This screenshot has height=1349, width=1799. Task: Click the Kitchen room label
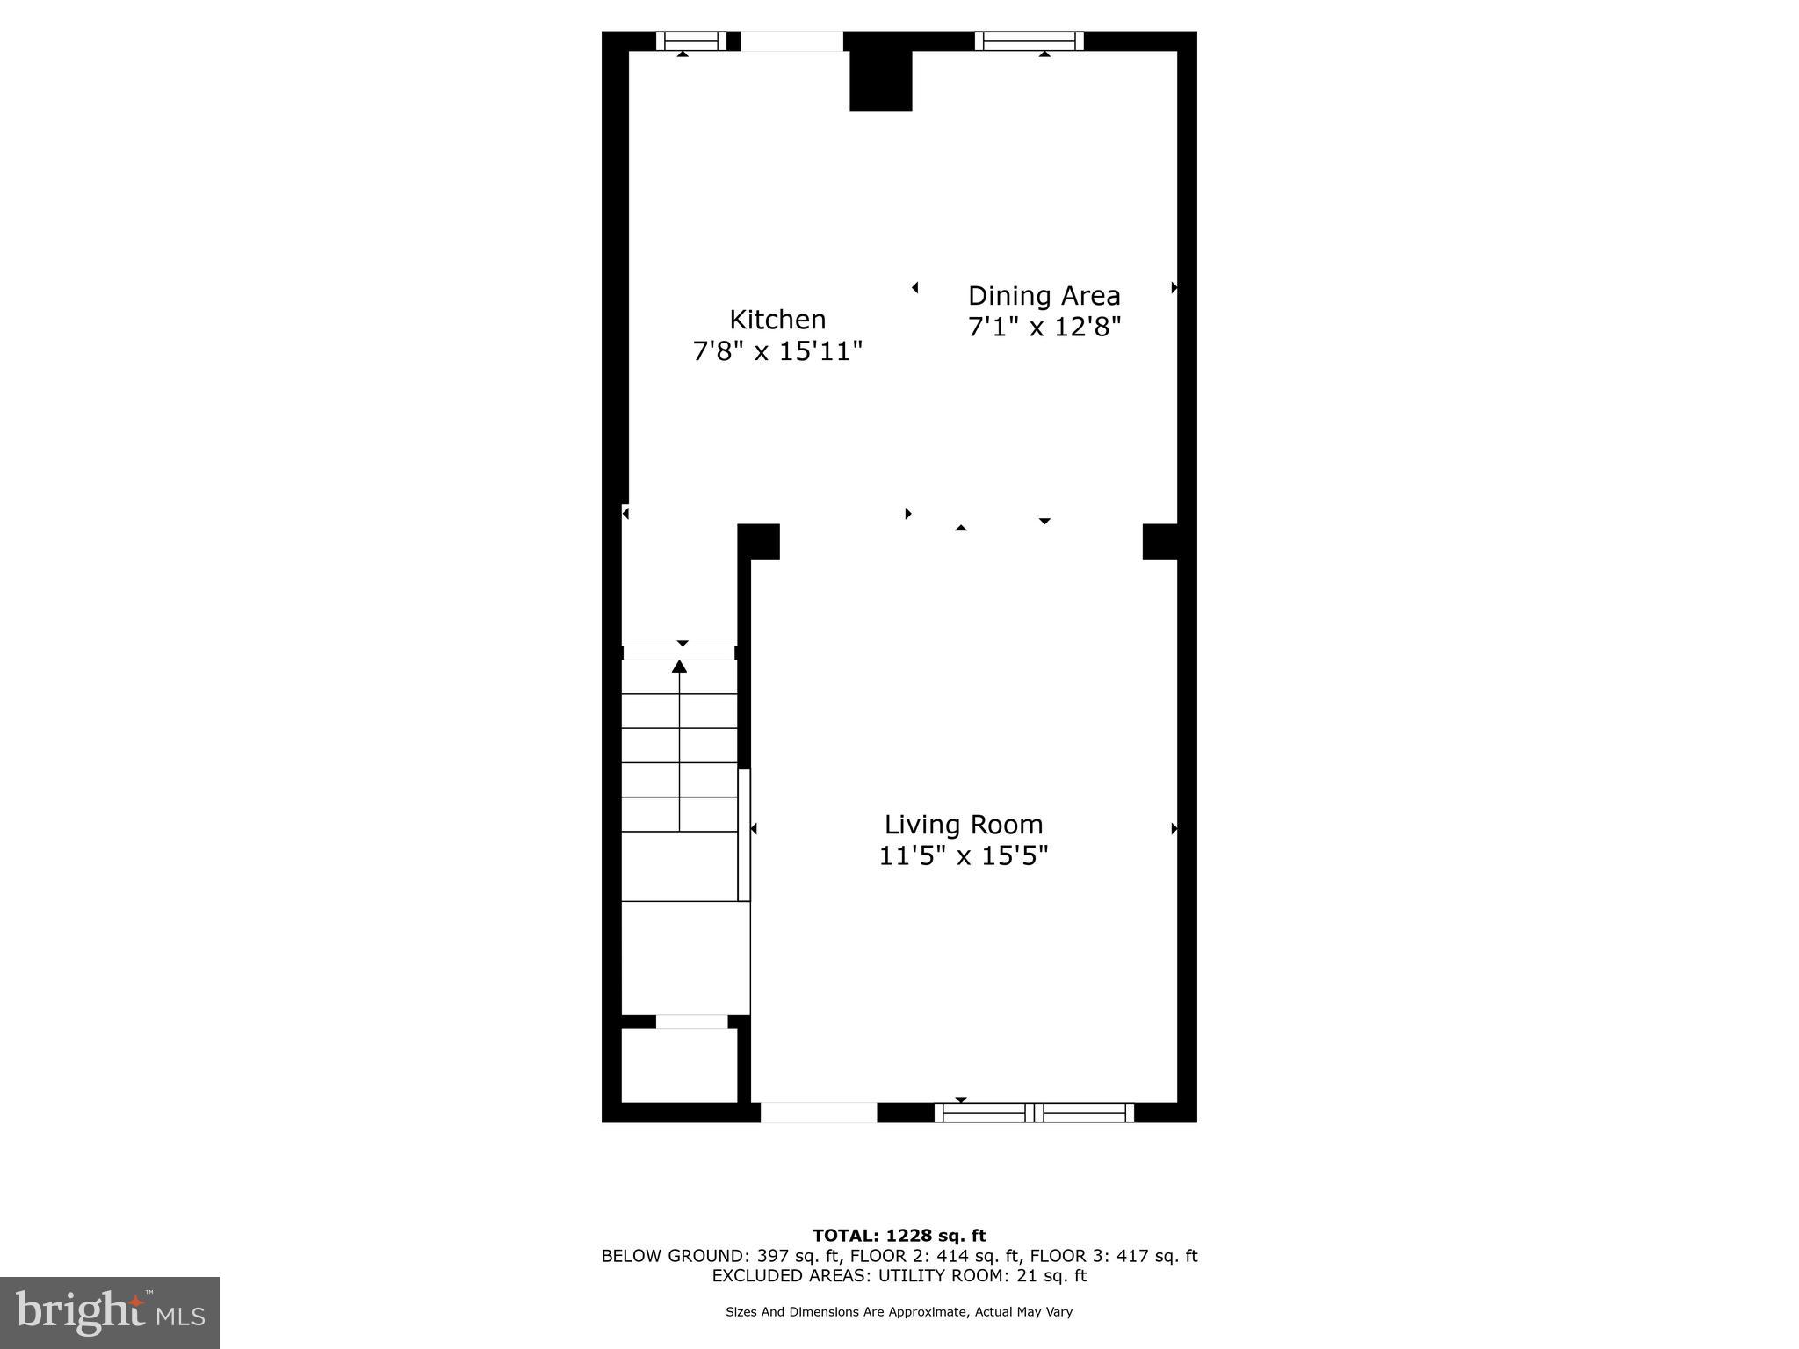[x=777, y=319]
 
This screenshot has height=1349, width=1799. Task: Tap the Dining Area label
[x=1044, y=295]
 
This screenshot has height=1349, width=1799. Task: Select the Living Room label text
[x=963, y=825]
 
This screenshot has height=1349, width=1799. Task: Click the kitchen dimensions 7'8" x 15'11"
[x=777, y=351]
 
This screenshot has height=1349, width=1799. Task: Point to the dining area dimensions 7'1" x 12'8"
[x=1044, y=328]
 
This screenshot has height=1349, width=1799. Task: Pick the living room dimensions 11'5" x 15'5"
[x=963, y=855]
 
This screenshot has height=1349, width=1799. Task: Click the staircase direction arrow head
[x=679, y=667]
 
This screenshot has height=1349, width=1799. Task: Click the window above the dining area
[x=1029, y=41]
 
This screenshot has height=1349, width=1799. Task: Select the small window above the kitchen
[x=691, y=41]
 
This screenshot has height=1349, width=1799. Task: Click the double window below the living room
[x=1034, y=1113]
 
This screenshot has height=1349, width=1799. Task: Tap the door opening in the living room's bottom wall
[x=818, y=1113]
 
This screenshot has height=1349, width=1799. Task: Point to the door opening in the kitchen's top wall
[x=791, y=41]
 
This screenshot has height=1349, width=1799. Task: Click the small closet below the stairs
[x=679, y=1065]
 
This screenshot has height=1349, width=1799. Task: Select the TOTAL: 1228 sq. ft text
[x=899, y=1236]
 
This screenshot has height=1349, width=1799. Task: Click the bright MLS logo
[x=110, y=1312]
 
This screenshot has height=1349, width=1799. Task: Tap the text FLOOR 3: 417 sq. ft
[x=1113, y=1256]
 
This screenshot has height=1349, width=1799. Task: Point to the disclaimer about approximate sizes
[x=899, y=1312]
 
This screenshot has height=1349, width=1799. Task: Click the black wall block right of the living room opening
[x=1160, y=542]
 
